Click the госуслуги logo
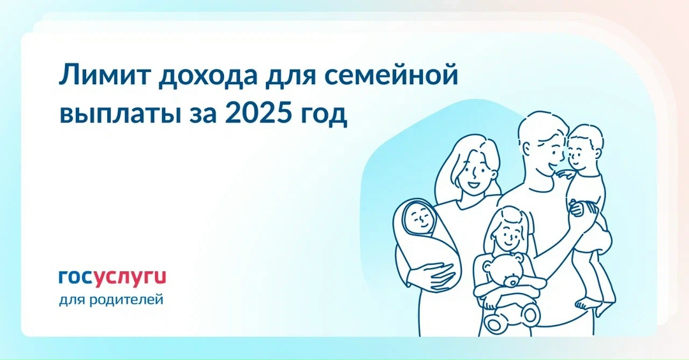[112, 277]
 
